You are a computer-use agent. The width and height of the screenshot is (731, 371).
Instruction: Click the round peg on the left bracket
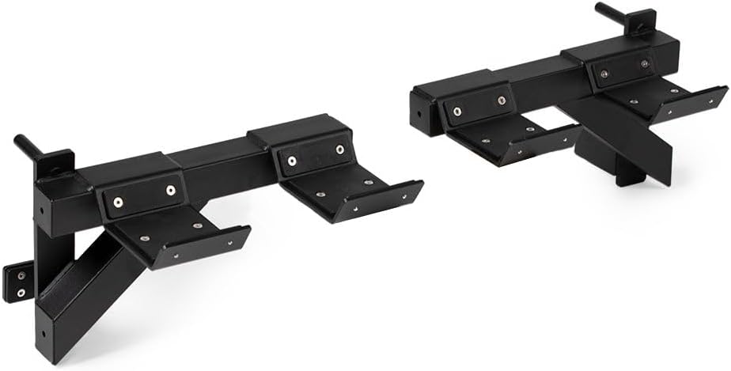point(27,147)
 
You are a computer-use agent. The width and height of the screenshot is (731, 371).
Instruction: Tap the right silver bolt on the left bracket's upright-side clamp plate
point(171,190)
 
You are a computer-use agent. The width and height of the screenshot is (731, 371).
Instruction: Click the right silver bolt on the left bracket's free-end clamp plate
point(339,150)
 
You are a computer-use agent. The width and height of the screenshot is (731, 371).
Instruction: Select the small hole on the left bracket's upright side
point(41,210)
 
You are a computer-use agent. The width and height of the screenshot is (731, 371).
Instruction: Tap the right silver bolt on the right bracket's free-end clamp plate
point(501,101)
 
